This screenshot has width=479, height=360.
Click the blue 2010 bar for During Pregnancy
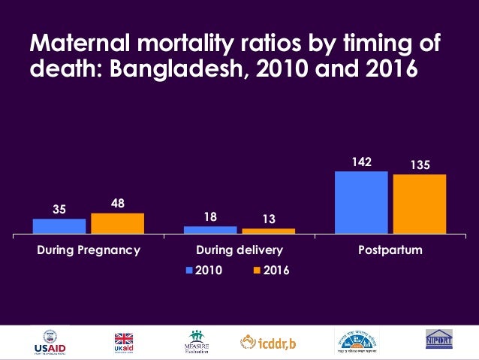coord(59,227)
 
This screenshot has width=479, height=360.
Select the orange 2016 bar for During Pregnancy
coord(118,224)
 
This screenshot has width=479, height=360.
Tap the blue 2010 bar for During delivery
coord(210,230)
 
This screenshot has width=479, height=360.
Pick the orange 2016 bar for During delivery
coord(269,231)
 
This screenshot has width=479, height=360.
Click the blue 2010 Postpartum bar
coord(361,203)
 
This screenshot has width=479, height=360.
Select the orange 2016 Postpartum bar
coord(420,204)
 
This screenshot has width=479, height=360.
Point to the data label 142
coord(360,162)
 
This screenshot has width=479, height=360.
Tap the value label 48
coord(118,203)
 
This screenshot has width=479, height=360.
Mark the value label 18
coord(210,216)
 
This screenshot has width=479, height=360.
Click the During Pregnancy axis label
coord(89,250)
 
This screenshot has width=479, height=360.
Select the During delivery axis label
coord(239,250)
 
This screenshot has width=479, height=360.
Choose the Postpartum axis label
coord(390,250)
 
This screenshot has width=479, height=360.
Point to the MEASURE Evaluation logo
coord(195,343)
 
